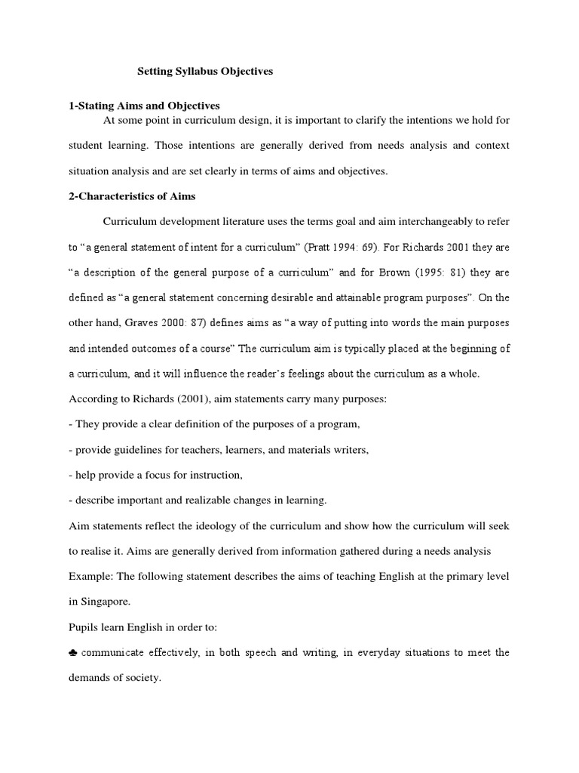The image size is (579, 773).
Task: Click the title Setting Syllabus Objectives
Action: click(204, 72)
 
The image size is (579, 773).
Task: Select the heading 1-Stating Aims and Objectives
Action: click(144, 106)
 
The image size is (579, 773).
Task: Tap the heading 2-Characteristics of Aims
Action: click(132, 196)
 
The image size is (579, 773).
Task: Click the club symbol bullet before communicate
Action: click(73, 652)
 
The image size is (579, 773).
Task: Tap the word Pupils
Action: click(83, 627)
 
